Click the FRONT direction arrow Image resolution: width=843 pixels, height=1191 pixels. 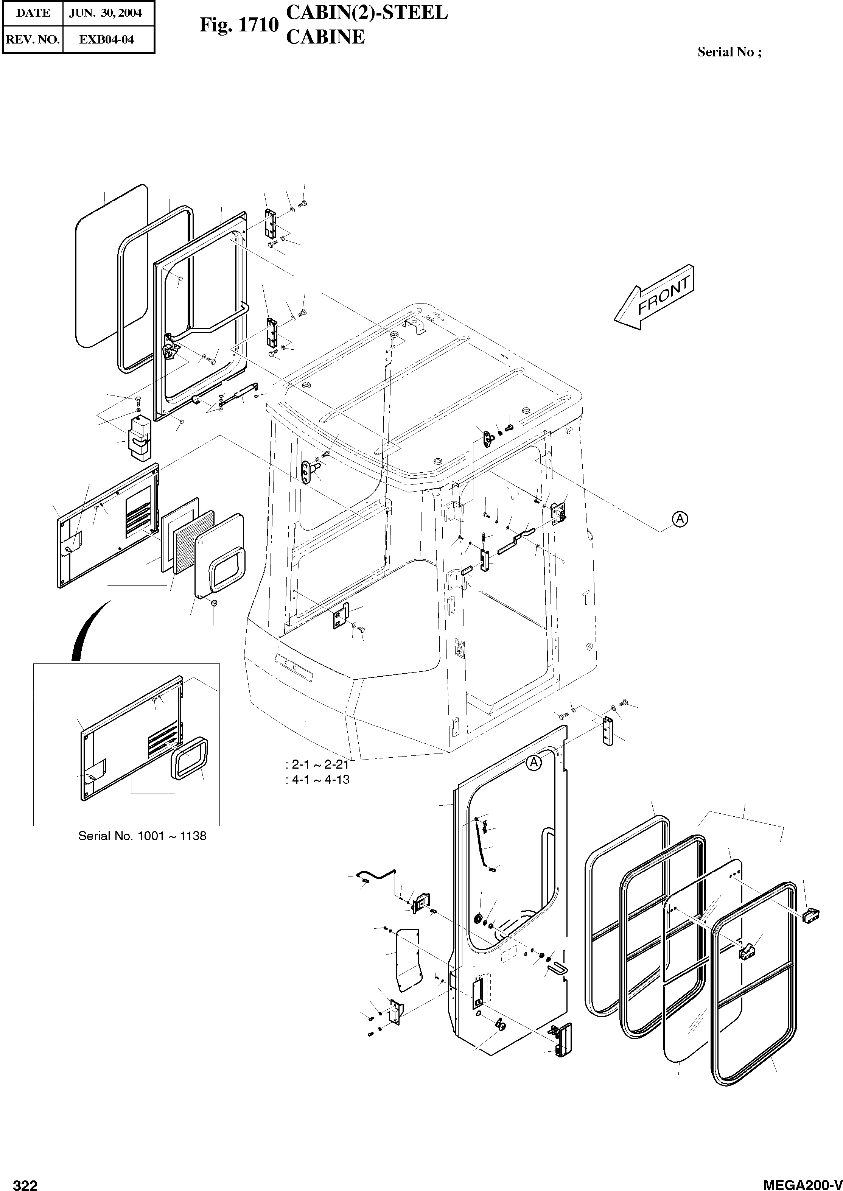tap(653, 298)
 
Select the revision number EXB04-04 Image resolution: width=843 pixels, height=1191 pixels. tap(106, 39)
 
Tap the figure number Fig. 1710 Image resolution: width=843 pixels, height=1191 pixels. tap(239, 25)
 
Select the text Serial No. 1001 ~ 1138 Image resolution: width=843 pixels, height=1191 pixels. tap(142, 836)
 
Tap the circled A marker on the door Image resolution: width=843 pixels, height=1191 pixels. tap(533, 762)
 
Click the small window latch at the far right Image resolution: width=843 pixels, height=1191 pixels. tap(810, 916)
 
